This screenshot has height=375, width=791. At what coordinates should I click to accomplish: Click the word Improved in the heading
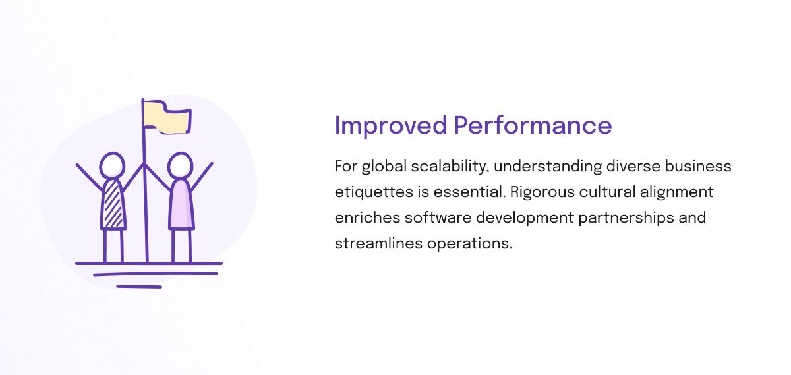pos(390,126)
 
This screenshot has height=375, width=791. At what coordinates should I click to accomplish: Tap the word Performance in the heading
pos(533,125)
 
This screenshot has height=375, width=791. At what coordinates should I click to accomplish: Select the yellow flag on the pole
pos(167,117)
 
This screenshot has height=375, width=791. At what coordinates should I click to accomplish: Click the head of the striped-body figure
pos(112,165)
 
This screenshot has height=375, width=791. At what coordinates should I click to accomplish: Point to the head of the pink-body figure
pos(180,165)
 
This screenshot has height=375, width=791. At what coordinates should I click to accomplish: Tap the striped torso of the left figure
pos(113,204)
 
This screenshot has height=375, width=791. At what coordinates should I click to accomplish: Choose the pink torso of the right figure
pos(181,204)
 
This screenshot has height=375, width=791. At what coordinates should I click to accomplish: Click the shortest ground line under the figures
pos(139,287)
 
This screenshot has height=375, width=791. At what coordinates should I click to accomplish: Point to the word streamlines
pos(378,243)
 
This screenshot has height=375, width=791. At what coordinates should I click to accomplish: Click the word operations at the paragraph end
pos(469,244)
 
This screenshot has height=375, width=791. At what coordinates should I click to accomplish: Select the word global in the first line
pos(384,167)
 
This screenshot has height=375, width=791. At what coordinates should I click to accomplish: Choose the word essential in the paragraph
pos(469,192)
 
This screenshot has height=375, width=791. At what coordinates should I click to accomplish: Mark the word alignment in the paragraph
pos(676,192)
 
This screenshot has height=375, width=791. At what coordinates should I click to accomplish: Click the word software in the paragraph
pos(438,217)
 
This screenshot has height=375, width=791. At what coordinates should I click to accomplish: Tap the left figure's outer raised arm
pos(90,177)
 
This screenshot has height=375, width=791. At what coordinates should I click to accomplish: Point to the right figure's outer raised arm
pos(202,177)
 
